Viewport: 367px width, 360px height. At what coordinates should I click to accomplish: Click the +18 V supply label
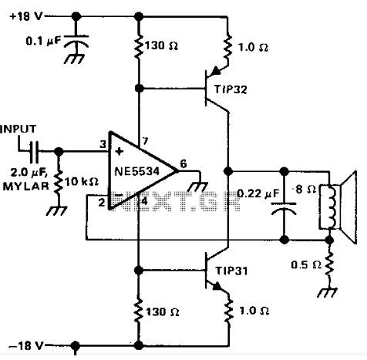[25, 17]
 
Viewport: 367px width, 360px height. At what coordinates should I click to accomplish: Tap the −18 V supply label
[25, 345]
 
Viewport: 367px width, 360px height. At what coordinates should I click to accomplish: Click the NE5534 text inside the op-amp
[136, 171]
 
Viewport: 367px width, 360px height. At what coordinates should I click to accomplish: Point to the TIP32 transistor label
[231, 89]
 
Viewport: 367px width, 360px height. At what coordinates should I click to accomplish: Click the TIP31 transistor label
[231, 271]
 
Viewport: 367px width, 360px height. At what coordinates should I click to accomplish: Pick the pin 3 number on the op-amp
[103, 144]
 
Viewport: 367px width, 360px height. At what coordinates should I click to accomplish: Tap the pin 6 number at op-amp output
[183, 164]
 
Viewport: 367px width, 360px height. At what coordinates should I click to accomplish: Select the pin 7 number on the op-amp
[145, 141]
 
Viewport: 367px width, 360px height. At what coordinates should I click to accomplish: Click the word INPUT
[19, 130]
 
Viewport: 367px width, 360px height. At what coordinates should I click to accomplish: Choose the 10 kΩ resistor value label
[81, 182]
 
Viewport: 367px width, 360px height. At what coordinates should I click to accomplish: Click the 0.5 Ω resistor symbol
[329, 264]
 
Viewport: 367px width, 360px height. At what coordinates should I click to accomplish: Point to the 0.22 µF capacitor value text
[258, 193]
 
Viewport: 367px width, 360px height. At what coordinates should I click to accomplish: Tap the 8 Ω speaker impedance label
[305, 190]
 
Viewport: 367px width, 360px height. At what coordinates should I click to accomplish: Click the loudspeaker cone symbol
[348, 207]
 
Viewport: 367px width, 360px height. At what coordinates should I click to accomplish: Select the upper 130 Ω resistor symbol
[139, 46]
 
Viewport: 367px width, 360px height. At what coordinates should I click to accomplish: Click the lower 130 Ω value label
[162, 312]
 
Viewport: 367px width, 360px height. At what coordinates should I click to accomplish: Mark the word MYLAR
[25, 187]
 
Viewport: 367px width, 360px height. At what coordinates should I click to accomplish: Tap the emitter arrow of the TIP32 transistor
[215, 71]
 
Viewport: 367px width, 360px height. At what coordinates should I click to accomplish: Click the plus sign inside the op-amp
[119, 152]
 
